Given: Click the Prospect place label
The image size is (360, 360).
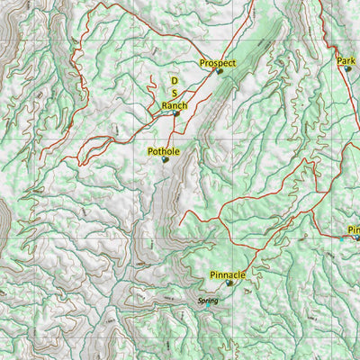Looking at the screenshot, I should pos(218,63).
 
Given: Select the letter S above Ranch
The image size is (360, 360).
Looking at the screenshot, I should pos(175,93).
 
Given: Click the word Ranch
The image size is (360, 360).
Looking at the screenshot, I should pos(175,105).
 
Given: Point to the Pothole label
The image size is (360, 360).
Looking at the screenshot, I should pos(164,152).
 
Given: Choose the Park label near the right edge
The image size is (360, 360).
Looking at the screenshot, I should pos(346,61).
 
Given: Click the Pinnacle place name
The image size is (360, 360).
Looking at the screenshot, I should pos(228,274).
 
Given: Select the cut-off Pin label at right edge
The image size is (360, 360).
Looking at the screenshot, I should pos(353,229).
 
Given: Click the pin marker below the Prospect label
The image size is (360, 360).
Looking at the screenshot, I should pos(219,71).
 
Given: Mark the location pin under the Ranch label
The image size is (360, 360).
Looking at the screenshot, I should pos(176,113).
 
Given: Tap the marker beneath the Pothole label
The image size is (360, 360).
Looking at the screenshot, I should pos(165,160).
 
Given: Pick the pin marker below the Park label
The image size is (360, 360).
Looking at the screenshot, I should pos(347,68).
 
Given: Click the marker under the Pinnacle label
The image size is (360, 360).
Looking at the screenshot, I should pos(229,283).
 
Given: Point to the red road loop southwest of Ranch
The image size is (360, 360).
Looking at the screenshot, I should pos(90,148).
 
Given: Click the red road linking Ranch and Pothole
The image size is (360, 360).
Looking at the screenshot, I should pos(171,130).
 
